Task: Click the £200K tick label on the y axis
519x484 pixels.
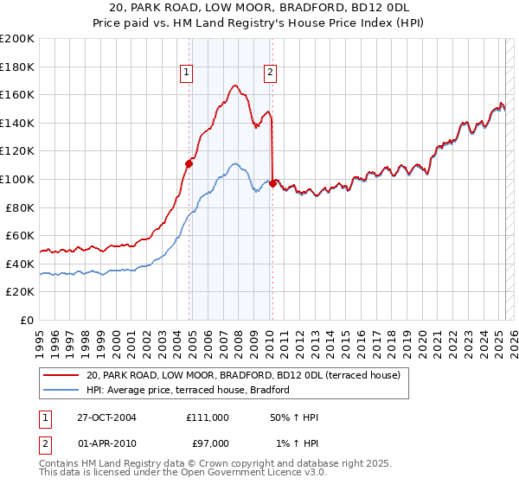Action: click(x=17, y=39)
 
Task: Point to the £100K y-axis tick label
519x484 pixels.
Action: click(x=17, y=179)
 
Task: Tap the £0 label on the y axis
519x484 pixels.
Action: click(x=28, y=320)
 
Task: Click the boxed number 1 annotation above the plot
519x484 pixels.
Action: click(x=187, y=73)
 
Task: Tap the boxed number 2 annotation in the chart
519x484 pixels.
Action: click(x=271, y=73)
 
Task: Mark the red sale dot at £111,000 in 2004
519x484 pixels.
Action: click(x=189, y=162)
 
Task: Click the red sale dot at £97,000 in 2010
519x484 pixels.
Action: click(x=273, y=183)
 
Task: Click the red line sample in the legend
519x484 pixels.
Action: click(x=61, y=376)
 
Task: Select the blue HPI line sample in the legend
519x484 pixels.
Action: click(x=61, y=391)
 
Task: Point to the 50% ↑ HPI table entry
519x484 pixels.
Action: click(x=294, y=417)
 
